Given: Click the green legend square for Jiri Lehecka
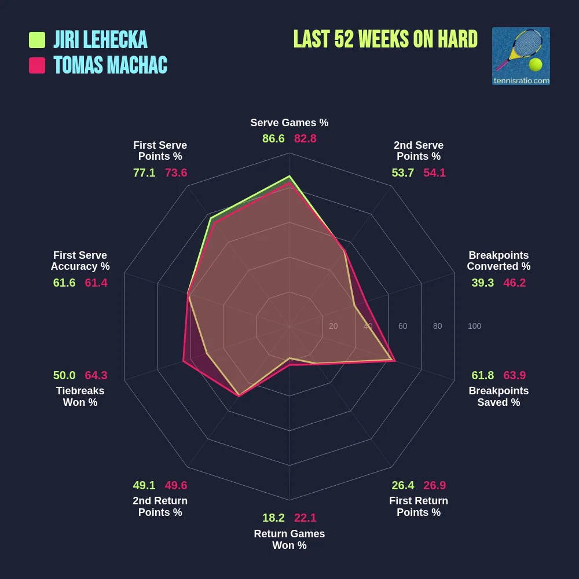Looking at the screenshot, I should click(x=37, y=40).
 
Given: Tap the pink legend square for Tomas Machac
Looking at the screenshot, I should click(x=37, y=65).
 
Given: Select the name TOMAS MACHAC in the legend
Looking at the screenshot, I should click(x=110, y=65).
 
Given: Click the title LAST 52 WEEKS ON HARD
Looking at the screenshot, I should click(x=385, y=39).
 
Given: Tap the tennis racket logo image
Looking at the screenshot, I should click(x=521, y=56).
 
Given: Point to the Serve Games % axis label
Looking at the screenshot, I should click(x=289, y=123).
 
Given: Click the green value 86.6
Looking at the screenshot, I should click(x=273, y=139).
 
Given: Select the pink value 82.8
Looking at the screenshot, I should click(x=305, y=139).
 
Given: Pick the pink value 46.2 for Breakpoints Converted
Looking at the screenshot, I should click(x=514, y=283).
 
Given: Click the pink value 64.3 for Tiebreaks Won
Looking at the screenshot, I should click(x=96, y=375).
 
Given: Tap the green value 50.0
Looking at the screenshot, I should click(x=64, y=375).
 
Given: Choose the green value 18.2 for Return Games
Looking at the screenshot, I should click(x=273, y=518).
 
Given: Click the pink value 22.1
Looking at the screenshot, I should click(x=305, y=518).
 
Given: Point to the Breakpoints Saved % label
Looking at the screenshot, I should click(x=499, y=397).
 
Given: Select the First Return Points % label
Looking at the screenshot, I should click(x=419, y=507).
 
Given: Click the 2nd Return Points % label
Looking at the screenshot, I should click(x=160, y=507).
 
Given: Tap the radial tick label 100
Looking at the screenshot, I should click(x=474, y=327).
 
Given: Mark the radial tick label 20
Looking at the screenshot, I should click(x=333, y=327).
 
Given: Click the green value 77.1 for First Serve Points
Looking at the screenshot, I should click(x=144, y=173).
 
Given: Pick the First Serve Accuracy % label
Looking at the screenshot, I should click(x=80, y=261).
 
